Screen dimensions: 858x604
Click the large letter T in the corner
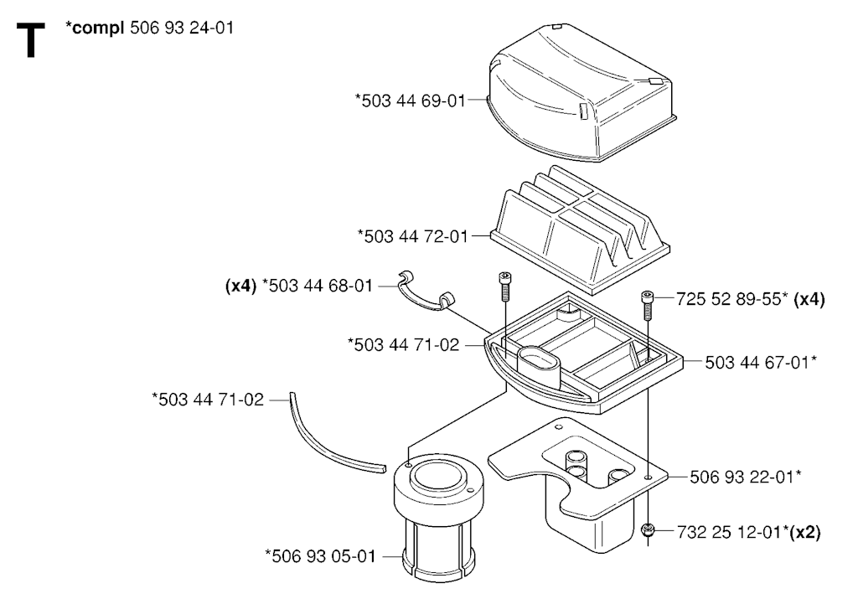coord(31,40)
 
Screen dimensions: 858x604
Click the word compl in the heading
coord(98,28)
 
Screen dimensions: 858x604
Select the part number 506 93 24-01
coord(182,28)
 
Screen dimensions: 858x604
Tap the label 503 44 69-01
coord(411,101)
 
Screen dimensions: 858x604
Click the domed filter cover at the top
coord(581,92)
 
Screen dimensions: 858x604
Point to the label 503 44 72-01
coord(413,235)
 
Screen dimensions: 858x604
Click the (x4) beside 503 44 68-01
coord(240,286)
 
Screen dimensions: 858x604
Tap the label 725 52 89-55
coord(731,299)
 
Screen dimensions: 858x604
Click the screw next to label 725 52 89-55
coord(648,306)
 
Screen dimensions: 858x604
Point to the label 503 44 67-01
coord(761,362)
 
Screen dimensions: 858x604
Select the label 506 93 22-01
coord(745,477)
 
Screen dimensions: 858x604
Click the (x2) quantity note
coord(805,532)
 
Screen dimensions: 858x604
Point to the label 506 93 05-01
coord(321,556)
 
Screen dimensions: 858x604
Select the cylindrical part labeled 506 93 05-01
coord(439,518)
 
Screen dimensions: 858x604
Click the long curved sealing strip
coord(335,436)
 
